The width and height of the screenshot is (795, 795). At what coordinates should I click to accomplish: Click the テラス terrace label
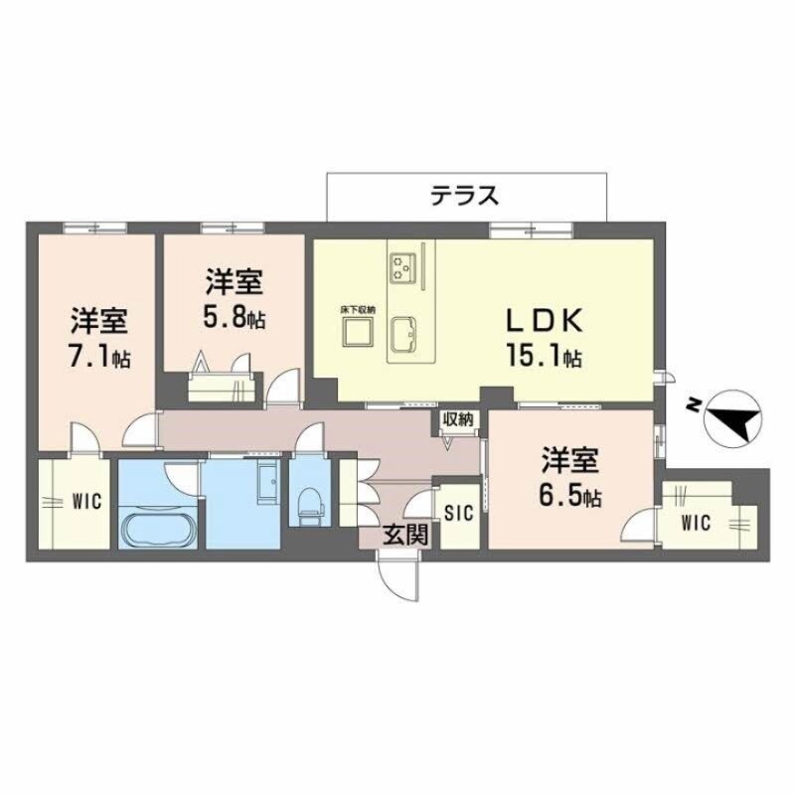(464, 196)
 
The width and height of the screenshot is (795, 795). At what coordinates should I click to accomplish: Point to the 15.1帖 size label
(543, 356)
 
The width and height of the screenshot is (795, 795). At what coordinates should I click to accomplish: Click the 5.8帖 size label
(235, 319)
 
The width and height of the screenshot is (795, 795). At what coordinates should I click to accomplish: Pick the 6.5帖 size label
(569, 494)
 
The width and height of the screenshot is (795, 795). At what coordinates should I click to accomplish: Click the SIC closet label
(458, 514)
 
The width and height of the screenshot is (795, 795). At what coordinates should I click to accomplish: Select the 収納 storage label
(457, 418)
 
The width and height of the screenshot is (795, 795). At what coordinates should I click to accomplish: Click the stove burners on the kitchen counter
(403, 264)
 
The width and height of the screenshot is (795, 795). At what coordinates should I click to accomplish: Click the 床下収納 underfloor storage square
(358, 334)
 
